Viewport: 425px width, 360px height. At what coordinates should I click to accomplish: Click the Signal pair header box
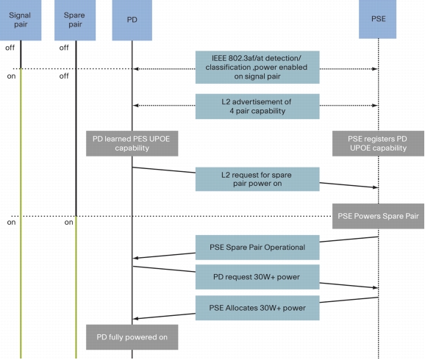coord(21,20)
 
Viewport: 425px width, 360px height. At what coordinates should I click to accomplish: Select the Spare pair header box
coord(75,20)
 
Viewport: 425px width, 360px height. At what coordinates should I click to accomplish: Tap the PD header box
coord(132,20)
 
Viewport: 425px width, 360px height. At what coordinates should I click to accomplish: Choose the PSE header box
coord(377,19)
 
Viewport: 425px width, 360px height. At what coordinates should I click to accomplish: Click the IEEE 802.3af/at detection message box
coord(257,67)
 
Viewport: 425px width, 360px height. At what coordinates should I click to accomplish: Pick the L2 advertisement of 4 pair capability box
coord(257,107)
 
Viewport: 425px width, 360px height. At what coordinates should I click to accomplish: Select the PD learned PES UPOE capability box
coord(132,143)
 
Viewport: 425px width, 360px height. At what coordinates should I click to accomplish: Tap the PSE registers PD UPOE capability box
coord(378,143)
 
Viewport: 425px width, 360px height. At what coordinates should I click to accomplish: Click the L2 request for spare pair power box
coord(257,179)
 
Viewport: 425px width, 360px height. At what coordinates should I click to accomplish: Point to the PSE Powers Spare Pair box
coord(378,216)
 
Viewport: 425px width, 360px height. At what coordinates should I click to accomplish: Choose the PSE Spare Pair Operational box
coord(257,248)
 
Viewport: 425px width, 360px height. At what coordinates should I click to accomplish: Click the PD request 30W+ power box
coord(257,277)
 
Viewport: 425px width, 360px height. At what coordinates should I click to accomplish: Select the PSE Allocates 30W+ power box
coord(257,308)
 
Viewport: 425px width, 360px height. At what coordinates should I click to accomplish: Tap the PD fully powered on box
coord(132,337)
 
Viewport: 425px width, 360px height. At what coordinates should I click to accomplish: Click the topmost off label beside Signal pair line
coord(10,48)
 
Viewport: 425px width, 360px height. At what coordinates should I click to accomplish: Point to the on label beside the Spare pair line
coord(69,223)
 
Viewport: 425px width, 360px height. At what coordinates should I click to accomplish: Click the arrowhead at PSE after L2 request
coord(376,187)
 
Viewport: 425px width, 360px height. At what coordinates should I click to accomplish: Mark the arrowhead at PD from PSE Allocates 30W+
coord(135,319)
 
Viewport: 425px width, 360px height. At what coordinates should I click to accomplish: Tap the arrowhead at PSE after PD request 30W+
coord(376,287)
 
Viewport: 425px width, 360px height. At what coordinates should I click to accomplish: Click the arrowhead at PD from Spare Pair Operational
coord(135,258)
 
